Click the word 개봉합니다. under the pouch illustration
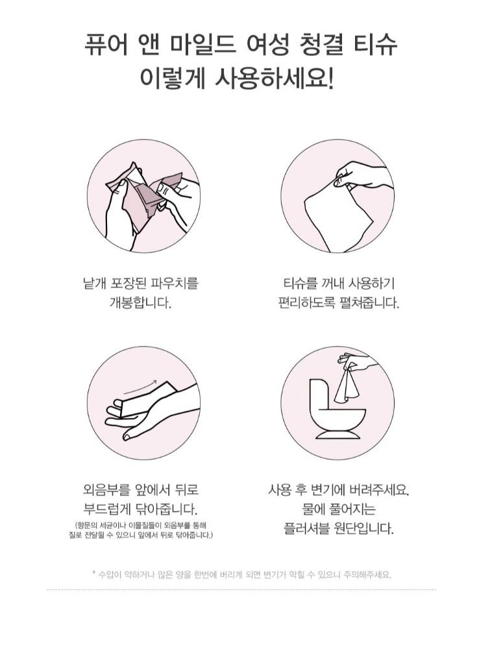141,302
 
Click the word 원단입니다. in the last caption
363,528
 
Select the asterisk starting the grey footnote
93,573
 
